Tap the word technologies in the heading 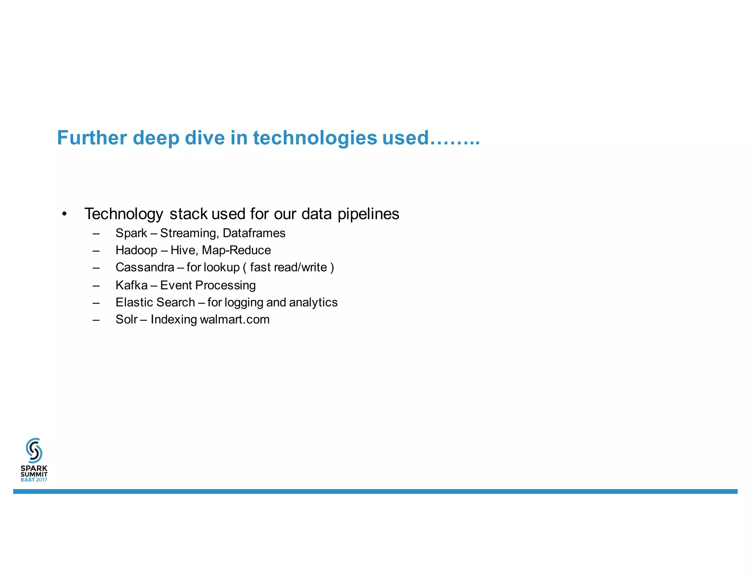pyautogui.click(x=315, y=138)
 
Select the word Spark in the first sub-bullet pyautogui.click(x=131, y=233)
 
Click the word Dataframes pyautogui.click(x=254, y=233)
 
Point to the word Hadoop pyautogui.click(x=136, y=250)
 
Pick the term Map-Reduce pyautogui.click(x=236, y=250)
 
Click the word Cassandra pyautogui.click(x=144, y=267)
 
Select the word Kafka pyautogui.click(x=131, y=285)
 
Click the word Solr pyautogui.click(x=126, y=320)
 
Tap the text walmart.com pyautogui.click(x=235, y=320)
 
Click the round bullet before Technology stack pyautogui.click(x=65, y=214)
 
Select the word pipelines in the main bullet pyautogui.click(x=368, y=214)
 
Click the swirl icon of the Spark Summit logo pyautogui.click(x=34, y=450)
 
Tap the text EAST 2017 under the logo pyautogui.click(x=34, y=480)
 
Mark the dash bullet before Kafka pyautogui.click(x=96, y=285)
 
